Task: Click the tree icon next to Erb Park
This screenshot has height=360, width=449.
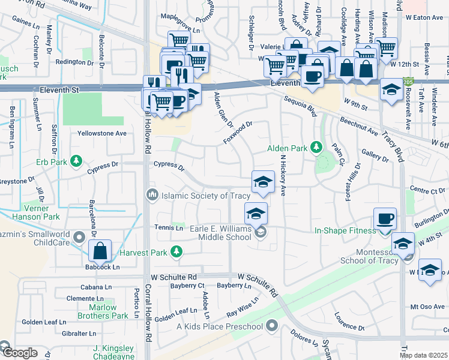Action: pos(76,161)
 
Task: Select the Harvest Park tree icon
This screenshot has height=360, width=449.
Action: pos(176,253)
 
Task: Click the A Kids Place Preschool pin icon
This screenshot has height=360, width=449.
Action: pos(273,326)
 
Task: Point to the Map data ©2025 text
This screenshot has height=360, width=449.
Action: pos(423,355)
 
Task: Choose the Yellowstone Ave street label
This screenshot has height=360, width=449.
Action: pos(102,133)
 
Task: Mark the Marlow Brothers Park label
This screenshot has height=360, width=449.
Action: pos(103,311)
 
